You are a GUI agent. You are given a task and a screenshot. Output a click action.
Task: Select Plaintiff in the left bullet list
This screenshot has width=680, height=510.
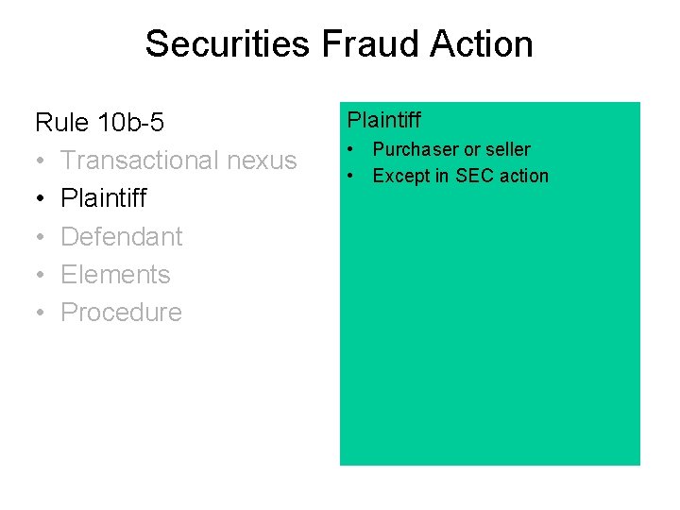104,198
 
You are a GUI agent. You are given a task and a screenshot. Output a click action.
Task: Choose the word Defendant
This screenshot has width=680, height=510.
122,236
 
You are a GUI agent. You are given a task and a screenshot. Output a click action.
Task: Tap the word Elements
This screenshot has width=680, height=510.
115,275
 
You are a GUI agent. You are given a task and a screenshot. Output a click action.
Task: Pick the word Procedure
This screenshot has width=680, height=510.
121,313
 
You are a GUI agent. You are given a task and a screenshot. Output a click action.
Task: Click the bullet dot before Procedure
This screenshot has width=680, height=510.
41,314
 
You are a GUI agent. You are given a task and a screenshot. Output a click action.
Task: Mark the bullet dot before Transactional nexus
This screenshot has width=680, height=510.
41,161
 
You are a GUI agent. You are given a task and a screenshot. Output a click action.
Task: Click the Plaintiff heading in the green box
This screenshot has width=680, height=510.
383,120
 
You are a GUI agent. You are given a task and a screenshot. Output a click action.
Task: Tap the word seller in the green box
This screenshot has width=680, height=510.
508,149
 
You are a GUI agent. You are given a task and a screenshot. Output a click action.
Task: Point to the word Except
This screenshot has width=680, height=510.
400,176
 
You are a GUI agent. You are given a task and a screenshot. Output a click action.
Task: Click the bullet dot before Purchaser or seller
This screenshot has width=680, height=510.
350,150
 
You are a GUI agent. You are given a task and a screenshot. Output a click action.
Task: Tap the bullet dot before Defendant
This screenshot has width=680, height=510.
41,237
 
